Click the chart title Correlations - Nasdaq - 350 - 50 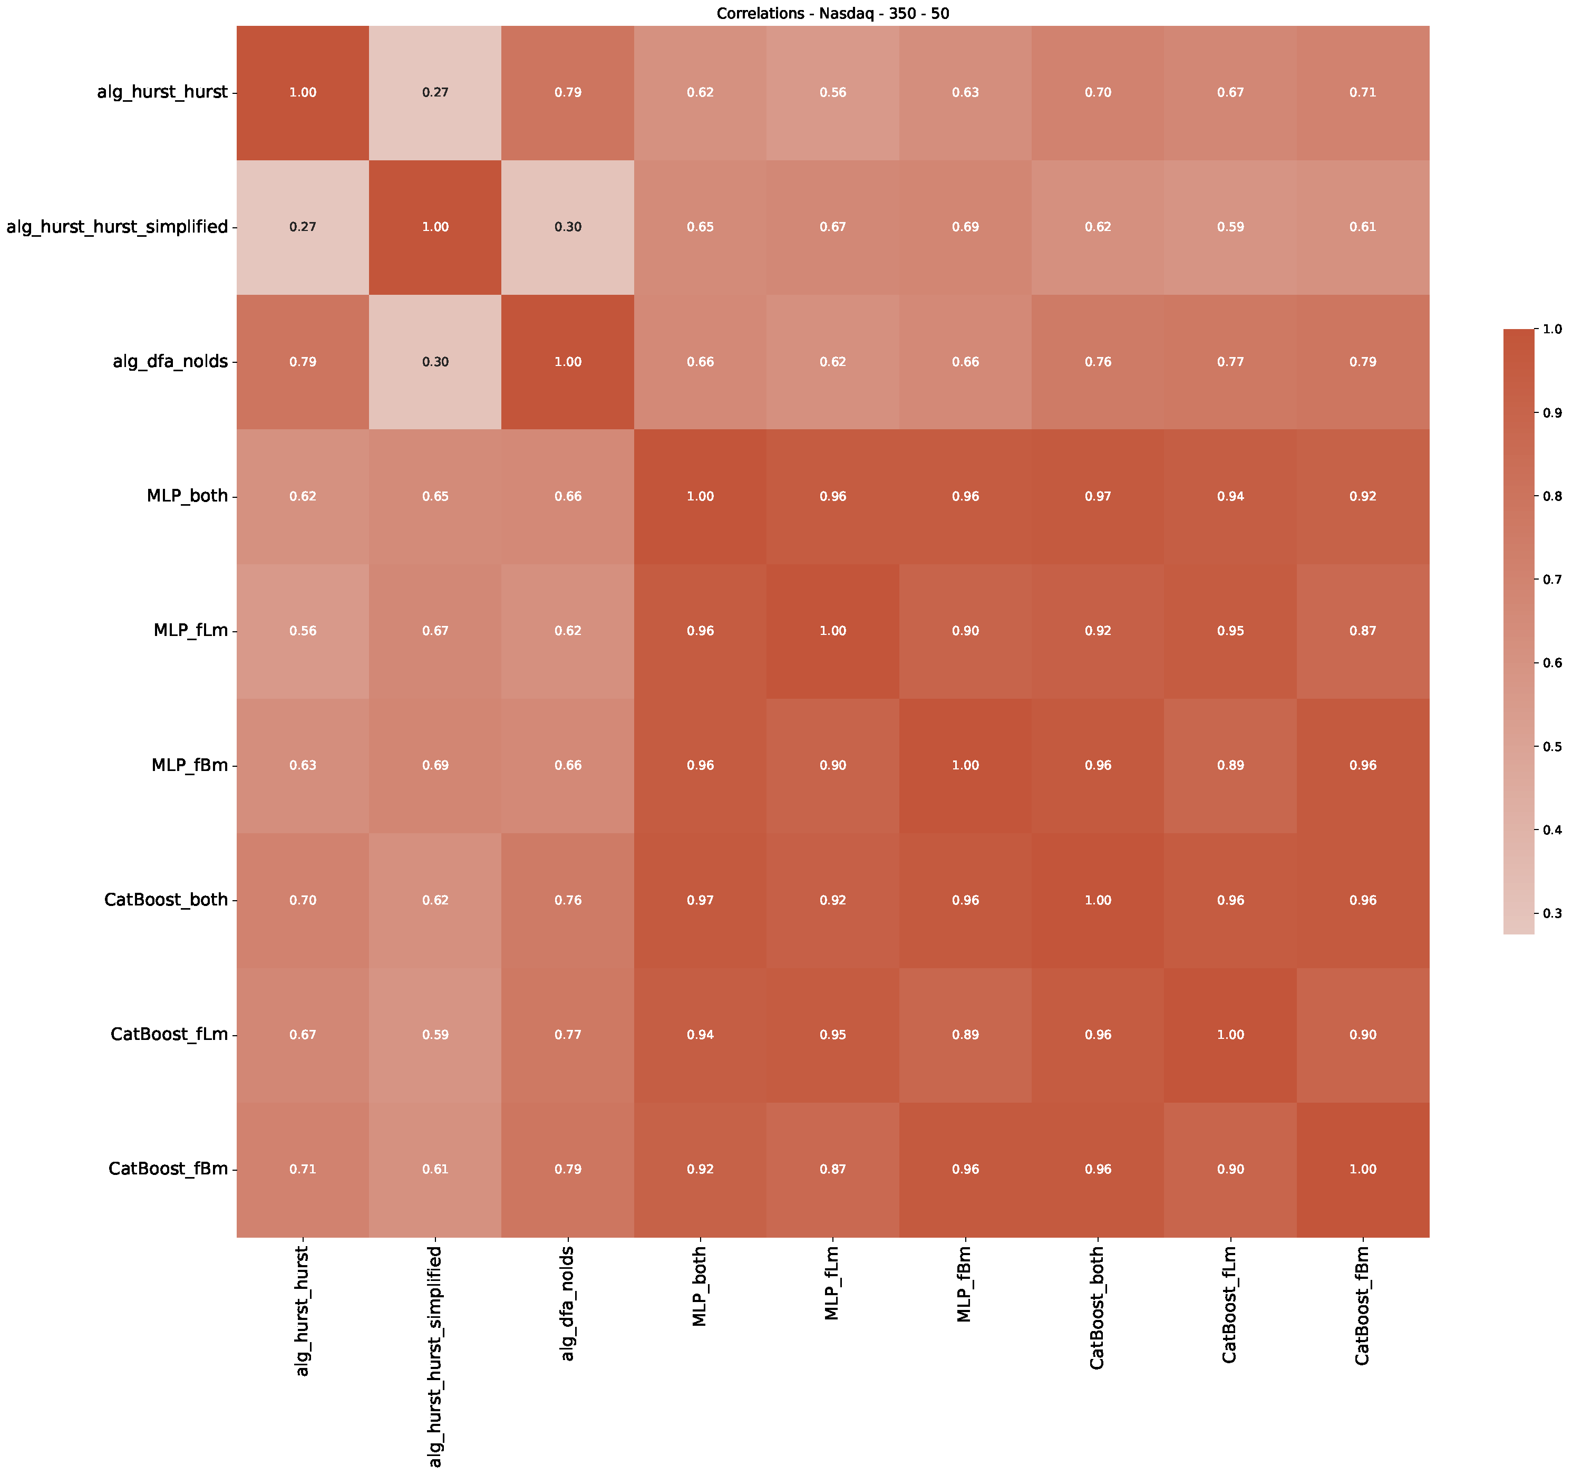[x=833, y=13]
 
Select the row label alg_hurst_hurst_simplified [x=117, y=227]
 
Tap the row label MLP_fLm [x=191, y=630]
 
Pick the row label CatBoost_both [x=166, y=900]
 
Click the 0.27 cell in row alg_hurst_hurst [x=435, y=92]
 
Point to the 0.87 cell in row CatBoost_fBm [x=833, y=1169]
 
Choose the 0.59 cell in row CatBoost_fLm [x=435, y=1035]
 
